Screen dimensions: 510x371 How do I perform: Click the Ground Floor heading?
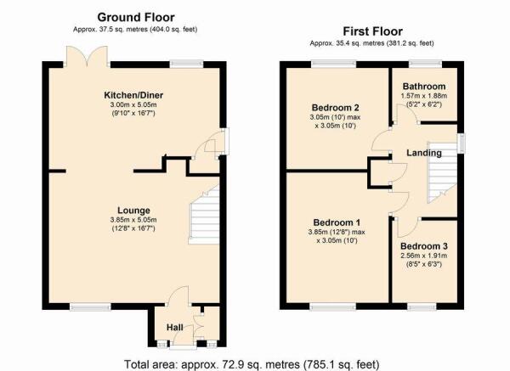(x=136, y=17)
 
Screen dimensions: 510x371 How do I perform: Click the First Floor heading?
(x=373, y=31)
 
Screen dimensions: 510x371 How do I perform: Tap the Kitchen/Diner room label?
(x=133, y=95)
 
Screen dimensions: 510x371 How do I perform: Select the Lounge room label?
(x=133, y=211)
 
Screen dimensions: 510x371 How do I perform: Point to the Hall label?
(x=174, y=328)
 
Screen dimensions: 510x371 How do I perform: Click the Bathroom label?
(x=424, y=87)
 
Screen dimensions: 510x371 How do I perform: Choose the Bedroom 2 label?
(x=336, y=108)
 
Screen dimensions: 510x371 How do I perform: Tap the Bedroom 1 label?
(x=337, y=222)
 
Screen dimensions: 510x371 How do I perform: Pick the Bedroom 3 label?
(x=424, y=246)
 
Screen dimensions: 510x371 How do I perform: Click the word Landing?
(x=424, y=153)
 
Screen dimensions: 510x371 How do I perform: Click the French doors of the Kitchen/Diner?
(x=87, y=57)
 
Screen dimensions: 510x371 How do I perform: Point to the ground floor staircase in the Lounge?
(x=204, y=215)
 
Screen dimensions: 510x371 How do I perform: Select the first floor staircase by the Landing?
(x=442, y=172)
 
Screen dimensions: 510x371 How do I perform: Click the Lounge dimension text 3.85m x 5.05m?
(x=133, y=220)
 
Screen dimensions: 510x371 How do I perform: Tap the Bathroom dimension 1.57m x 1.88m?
(x=424, y=96)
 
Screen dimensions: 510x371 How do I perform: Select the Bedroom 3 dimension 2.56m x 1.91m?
(x=424, y=256)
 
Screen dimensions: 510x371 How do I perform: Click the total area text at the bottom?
(x=252, y=364)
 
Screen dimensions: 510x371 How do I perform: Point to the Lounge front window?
(x=90, y=306)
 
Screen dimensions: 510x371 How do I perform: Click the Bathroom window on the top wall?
(x=426, y=64)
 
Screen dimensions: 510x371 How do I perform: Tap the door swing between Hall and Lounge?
(x=178, y=295)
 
